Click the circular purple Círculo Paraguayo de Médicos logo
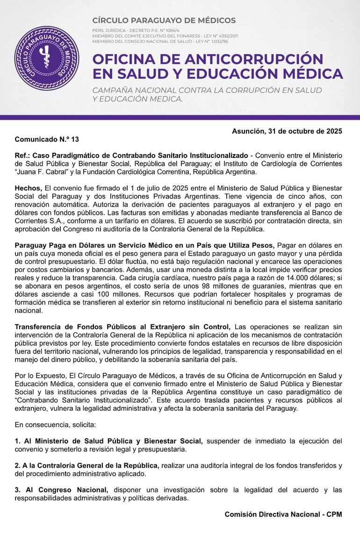coord(47,58)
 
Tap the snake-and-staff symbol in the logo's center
coord(47,58)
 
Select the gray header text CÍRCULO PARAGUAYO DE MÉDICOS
coord(164,21)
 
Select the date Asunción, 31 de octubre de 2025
coord(287,131)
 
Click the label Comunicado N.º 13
coord(47,139)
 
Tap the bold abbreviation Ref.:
coord(23,155)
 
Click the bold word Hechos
coord(28,187)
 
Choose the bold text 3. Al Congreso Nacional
coord(61,490)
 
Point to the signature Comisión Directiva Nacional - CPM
coord(283,514)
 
